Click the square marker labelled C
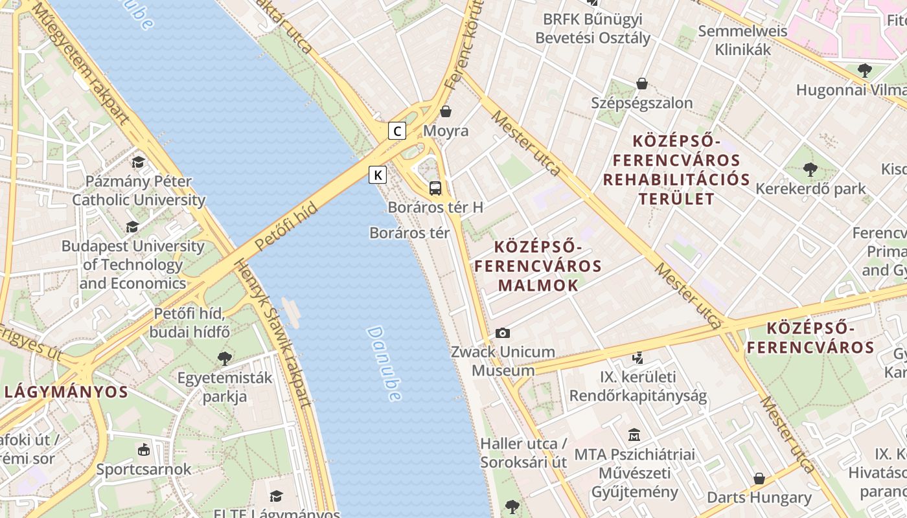[397, 131]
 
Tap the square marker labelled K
[378, 175]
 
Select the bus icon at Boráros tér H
[435, 188]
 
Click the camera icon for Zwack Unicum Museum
[502, 333]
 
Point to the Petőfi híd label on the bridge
[286, 226]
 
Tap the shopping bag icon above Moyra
[445, 111]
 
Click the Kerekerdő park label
[810, 189]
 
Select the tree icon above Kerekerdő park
[810, 170]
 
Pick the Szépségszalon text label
[641, 103]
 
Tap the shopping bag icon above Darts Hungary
[759, 479]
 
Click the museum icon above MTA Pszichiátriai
[634, 434]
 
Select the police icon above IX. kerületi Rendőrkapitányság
[638, 357]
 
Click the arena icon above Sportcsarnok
[143, 449]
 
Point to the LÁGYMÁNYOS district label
[66, 392]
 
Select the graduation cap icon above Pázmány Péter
[138, 162]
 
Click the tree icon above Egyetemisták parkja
[225, 358]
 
